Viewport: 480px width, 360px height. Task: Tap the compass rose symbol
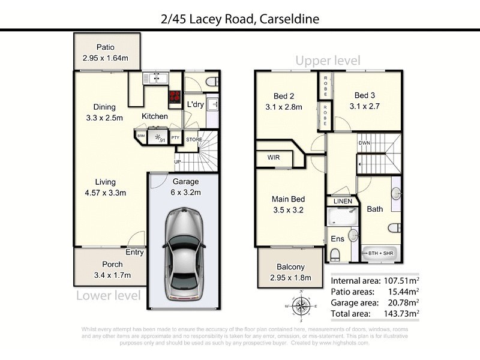pos(302,305)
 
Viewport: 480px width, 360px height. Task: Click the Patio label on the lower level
pos(107,47)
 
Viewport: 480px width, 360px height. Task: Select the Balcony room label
pos(291,267)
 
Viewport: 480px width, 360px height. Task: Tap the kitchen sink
pos(155,78)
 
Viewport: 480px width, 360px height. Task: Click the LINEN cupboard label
pos(343,201)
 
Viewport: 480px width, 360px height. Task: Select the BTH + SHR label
pos(381,253)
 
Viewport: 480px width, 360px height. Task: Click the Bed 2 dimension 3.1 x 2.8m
pos(284,107)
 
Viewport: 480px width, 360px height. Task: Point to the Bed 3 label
pos(364,95)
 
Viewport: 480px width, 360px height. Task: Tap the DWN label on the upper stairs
pos(364,143)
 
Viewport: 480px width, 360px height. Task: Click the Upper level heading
pos(328,61)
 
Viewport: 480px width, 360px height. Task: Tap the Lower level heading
pos(108,295)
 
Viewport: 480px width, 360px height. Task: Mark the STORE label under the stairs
pos(194,140)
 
